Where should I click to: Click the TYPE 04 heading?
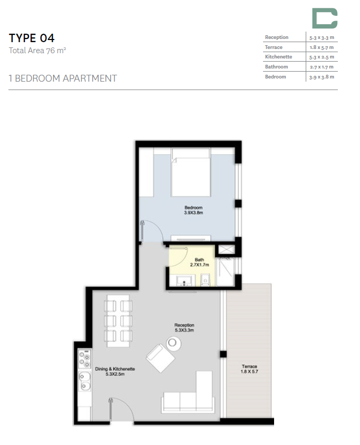[x=32, y=38]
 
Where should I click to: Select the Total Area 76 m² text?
[x=37, y=51]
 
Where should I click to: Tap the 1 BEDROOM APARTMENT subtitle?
[x=63, y=78]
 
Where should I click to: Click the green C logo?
[x=324, y=18]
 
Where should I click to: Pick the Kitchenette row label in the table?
[x=279, y=57]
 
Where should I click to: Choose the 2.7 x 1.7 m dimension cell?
[x=322, y=67]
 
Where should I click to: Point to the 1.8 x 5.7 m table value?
[x=322, y=47]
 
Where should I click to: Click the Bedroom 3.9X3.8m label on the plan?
[x=193, y=210]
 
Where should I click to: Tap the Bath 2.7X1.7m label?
[x=199, y=262]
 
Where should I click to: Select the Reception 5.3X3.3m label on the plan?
[x=184, y=328]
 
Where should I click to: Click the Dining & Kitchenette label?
[x=115, y=372]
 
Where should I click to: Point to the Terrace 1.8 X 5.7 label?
[x=249, y=369]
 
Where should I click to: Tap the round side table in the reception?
[x=173, y=343]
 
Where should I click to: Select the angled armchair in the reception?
[x=160, y=359]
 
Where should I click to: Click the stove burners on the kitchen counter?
[x=84, y=359]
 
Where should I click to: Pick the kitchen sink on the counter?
[x=84, y=379]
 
